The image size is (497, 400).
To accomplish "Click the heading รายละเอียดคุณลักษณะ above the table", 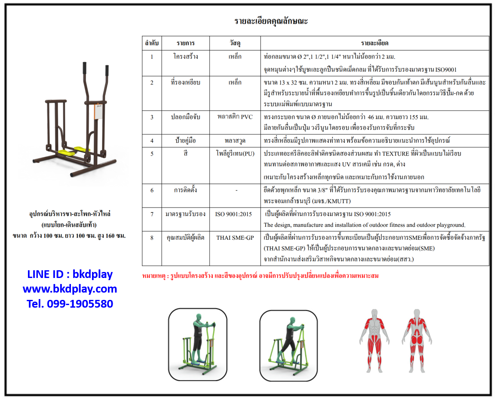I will pos(271,21).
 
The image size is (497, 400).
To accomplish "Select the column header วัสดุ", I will pos(235,43).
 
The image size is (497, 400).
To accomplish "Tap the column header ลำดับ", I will pos(152,43).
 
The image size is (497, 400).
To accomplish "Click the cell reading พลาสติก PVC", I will pos(235,117).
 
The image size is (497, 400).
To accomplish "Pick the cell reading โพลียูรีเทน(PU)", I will pos(235,153).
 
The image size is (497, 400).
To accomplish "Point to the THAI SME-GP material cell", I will pos(235,238).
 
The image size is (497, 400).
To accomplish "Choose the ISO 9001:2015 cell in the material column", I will pos(235,214).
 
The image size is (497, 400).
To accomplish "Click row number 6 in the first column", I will pos(152,190).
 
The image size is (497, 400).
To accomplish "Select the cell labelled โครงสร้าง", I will pos(185,57).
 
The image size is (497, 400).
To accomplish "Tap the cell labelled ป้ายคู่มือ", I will pos(185,140).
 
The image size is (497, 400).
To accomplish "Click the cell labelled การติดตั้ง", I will pos(185,190).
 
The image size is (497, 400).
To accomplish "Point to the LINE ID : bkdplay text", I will pos(70,274).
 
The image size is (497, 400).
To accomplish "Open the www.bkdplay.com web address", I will pos(70,289).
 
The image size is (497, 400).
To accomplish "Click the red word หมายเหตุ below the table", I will pos(155,275).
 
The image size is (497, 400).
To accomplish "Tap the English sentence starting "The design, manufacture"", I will pos(365,225).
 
